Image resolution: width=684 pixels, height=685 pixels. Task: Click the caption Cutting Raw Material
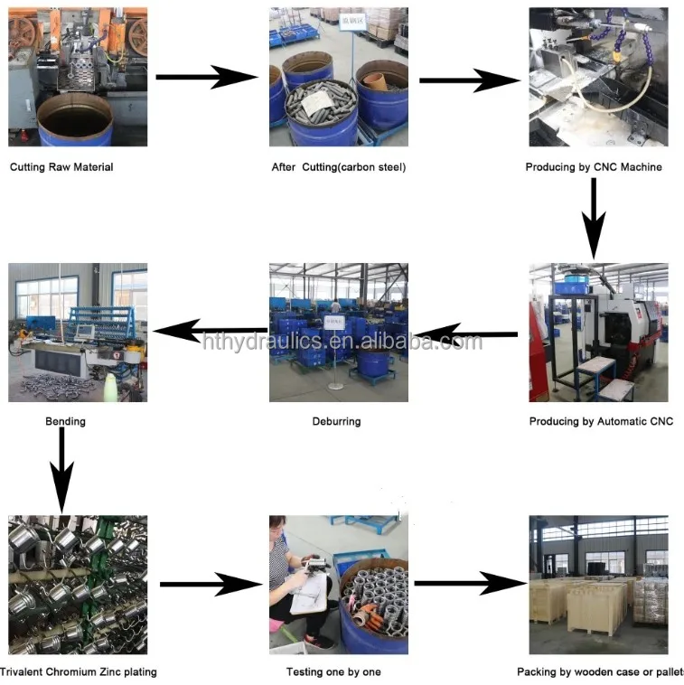(61, 167)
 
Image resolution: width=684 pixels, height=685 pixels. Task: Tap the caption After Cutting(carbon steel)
(339, 167)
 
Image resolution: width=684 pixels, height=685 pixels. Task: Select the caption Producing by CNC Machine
(594, 167)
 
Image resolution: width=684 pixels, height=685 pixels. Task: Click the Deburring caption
(336, 421)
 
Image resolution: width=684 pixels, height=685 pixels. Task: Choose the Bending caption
(66, 421)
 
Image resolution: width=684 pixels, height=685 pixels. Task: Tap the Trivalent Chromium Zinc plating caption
(78, 671)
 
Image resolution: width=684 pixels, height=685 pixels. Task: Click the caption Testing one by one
(333, 671)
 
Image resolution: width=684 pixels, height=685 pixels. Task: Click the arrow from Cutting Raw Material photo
(206, 78)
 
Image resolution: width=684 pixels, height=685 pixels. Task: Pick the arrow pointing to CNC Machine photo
(470, 80)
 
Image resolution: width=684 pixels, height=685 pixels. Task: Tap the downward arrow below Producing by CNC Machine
(593, 218)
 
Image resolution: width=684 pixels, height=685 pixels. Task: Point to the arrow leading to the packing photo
(470, 585)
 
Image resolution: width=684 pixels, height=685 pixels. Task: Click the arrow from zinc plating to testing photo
(211, 585)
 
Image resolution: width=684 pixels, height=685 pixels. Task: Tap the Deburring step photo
(338, 333)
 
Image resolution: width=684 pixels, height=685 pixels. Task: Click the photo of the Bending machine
(78, 333)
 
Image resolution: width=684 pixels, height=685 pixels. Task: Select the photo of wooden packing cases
(598, 585)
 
